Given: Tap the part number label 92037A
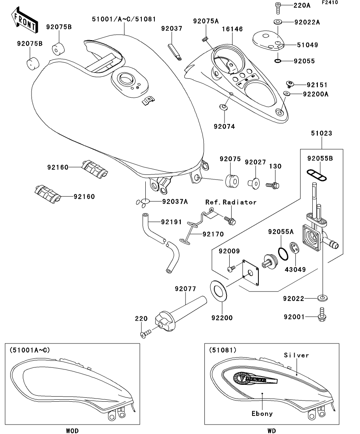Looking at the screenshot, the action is point(175,201).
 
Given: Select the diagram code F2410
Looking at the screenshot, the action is point(330,2).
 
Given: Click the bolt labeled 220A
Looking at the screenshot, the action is point(278,8).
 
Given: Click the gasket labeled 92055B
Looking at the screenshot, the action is point(317,175).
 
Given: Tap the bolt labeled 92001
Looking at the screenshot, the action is point(322,315).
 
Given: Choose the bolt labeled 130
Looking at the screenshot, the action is point(273,185).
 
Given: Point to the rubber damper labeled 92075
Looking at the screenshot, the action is point(231,181).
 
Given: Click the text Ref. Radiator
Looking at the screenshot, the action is point(231,202).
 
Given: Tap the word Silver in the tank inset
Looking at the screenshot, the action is point(296,355).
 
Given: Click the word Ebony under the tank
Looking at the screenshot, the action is point(262,414).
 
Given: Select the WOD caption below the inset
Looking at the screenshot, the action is point(72,431).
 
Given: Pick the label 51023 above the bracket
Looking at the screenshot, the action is point(321,133).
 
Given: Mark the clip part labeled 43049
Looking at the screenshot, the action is point(294,247).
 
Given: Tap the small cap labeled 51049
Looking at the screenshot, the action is point(268,41).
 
